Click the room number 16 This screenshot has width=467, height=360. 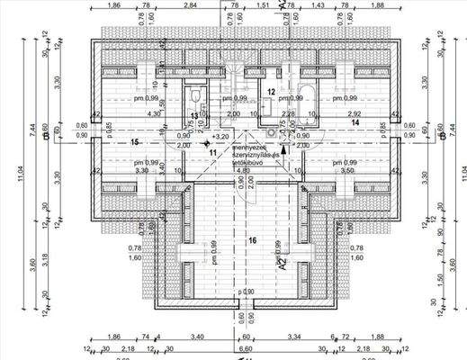tap(253, 239)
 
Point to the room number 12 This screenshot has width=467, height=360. tap(271, 91)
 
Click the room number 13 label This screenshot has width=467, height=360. tap(193, 116)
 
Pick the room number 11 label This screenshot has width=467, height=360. tap(213, 152)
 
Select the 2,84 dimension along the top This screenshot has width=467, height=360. tap(189, 5)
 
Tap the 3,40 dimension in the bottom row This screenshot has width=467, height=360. tap(197, 337)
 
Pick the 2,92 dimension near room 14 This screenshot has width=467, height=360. tap(354, 114)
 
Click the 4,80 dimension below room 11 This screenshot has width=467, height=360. tap(241, 168)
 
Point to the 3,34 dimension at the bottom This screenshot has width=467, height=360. tap(296, 337)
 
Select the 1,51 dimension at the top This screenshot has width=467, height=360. tap(263, 5)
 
